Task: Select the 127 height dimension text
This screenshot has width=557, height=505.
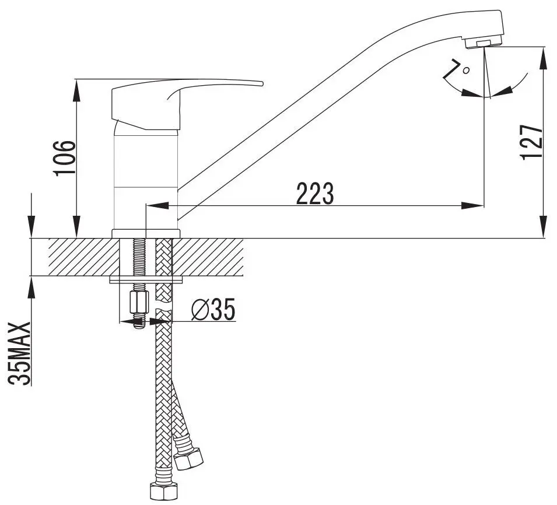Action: (x=530, y=143)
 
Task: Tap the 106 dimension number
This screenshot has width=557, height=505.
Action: (x=64, y=157)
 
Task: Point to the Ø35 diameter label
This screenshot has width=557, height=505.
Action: (x=213, y=310)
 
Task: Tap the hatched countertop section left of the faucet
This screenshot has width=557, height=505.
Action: (x=82, y=257)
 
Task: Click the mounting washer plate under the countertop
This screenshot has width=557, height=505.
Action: (x=147, y=280)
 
